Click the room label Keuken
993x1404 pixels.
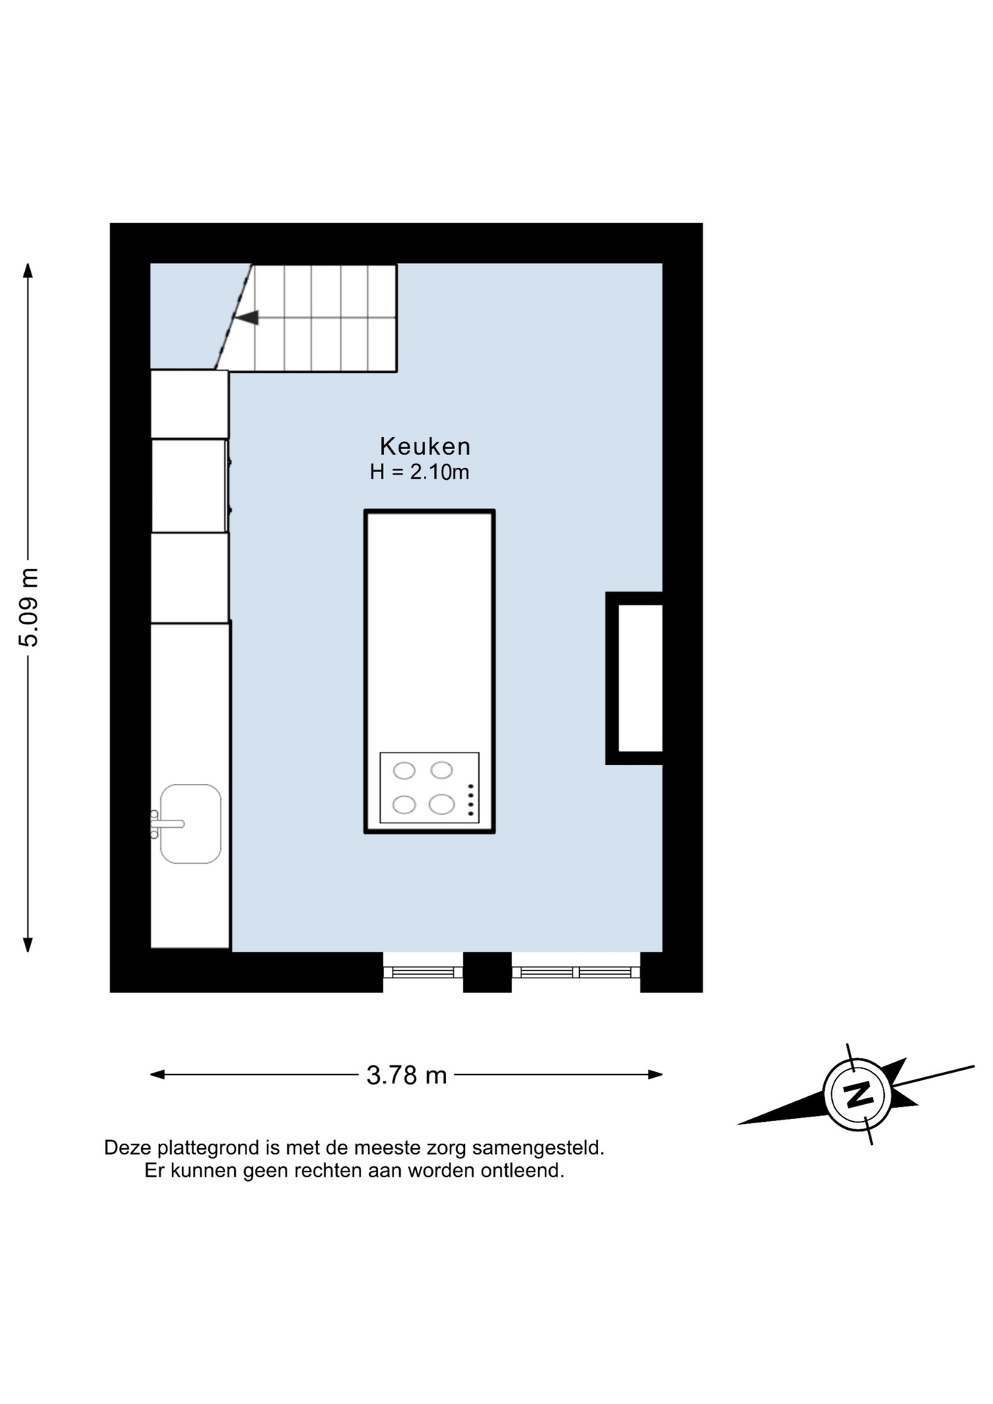[x=425, y=446]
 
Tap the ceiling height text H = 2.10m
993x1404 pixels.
[x=419, y=472]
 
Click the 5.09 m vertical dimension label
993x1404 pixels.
[x=29, y=608]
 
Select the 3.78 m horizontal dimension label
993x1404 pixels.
[x=407, y=1075]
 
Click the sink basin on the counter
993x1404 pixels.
[x=190, y=824]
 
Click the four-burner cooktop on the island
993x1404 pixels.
[x=429, y=788]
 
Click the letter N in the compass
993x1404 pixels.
[x=858, y=1095]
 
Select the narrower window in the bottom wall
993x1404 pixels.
[x=423, y=972]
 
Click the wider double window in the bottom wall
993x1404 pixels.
[x=575, y=972]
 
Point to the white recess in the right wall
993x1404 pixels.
[x=641, y=678]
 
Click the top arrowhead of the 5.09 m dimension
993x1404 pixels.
[x=28, y=271]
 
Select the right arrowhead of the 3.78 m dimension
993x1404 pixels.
[x=655, y=1074]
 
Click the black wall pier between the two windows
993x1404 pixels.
[x=487, y=972]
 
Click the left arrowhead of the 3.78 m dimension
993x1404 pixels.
[x=157, y=1074]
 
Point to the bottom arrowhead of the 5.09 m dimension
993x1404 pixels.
[x=28, y=945]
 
